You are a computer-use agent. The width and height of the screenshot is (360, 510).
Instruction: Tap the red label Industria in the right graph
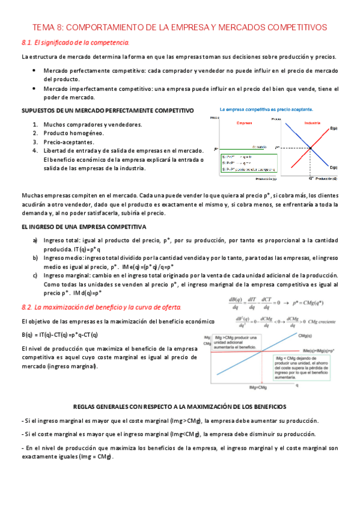click(x=311, y=123)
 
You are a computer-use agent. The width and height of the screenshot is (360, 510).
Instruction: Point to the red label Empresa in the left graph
click(x=243, y=123)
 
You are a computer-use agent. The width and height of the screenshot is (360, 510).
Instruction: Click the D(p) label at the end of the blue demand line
click(x=334, y=167)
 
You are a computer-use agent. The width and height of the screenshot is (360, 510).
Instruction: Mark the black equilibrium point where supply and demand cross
click(x=311, y=147)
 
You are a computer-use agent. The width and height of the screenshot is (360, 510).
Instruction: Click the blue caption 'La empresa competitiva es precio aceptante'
click(x=264, y=109)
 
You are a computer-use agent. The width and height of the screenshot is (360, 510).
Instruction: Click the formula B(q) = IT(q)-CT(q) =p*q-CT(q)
click(x=59, y=335)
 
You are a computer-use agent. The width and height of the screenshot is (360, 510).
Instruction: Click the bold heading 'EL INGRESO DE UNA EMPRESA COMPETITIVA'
click(x=84, y=227)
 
